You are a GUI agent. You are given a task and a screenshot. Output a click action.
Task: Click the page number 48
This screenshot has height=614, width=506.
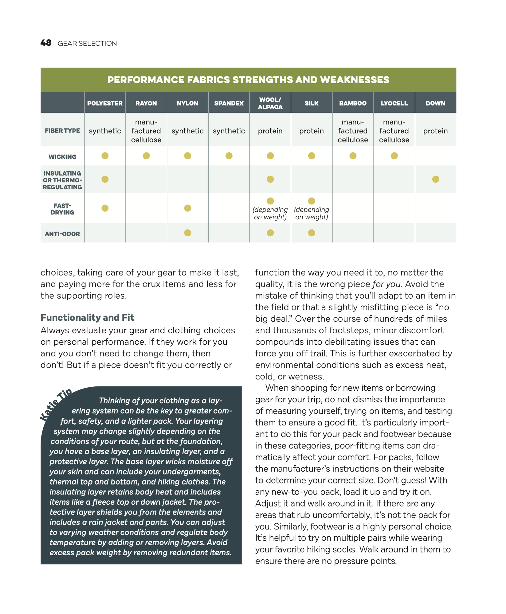point(46,43)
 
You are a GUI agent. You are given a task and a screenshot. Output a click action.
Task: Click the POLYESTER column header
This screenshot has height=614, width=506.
point(105,104)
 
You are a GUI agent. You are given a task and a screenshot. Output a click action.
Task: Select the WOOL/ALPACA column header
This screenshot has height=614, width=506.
point(270,104)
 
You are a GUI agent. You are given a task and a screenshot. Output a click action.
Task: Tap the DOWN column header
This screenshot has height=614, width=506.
point(435,104)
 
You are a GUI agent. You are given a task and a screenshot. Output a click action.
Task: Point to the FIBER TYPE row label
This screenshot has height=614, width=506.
point(62,131)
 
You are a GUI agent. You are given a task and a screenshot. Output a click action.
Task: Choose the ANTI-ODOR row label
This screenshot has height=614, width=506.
point(62,234)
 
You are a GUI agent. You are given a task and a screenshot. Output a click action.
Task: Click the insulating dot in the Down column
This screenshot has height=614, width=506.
point(435,179)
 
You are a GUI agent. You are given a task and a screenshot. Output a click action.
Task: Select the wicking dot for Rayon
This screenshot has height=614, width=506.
point(146,156)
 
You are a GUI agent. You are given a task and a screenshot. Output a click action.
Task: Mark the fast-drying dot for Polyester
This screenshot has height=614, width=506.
point(105,208)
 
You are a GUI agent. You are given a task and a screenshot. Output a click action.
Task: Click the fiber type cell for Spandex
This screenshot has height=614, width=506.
point(229,131)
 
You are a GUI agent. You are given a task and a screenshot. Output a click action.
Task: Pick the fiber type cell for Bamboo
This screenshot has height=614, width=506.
point(353,131)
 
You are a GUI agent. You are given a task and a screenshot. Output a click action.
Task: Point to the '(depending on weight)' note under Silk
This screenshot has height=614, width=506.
point(311,213)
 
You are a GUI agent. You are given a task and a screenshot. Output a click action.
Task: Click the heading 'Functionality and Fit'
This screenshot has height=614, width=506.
point(87,318)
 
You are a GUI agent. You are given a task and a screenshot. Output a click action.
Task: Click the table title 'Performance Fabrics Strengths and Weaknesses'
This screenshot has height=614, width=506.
point(248,80)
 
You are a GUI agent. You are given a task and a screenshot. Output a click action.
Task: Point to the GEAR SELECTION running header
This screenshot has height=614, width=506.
point(87,44)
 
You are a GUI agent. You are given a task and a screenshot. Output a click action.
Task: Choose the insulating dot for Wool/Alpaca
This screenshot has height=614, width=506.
point(270,179)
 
